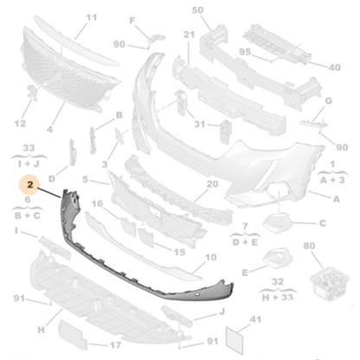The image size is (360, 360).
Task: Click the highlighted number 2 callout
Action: (30, 184)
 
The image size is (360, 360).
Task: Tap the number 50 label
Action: (197, 10)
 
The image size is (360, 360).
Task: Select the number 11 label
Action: (92, 17)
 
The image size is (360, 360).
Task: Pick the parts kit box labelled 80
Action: (330, 283)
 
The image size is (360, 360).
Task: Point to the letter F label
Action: (132, 21)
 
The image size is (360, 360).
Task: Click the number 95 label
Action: (245, 52)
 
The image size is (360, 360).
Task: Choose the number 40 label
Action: (335, 67)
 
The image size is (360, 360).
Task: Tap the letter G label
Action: (329, 101)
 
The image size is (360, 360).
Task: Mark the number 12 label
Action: (20, 124)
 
